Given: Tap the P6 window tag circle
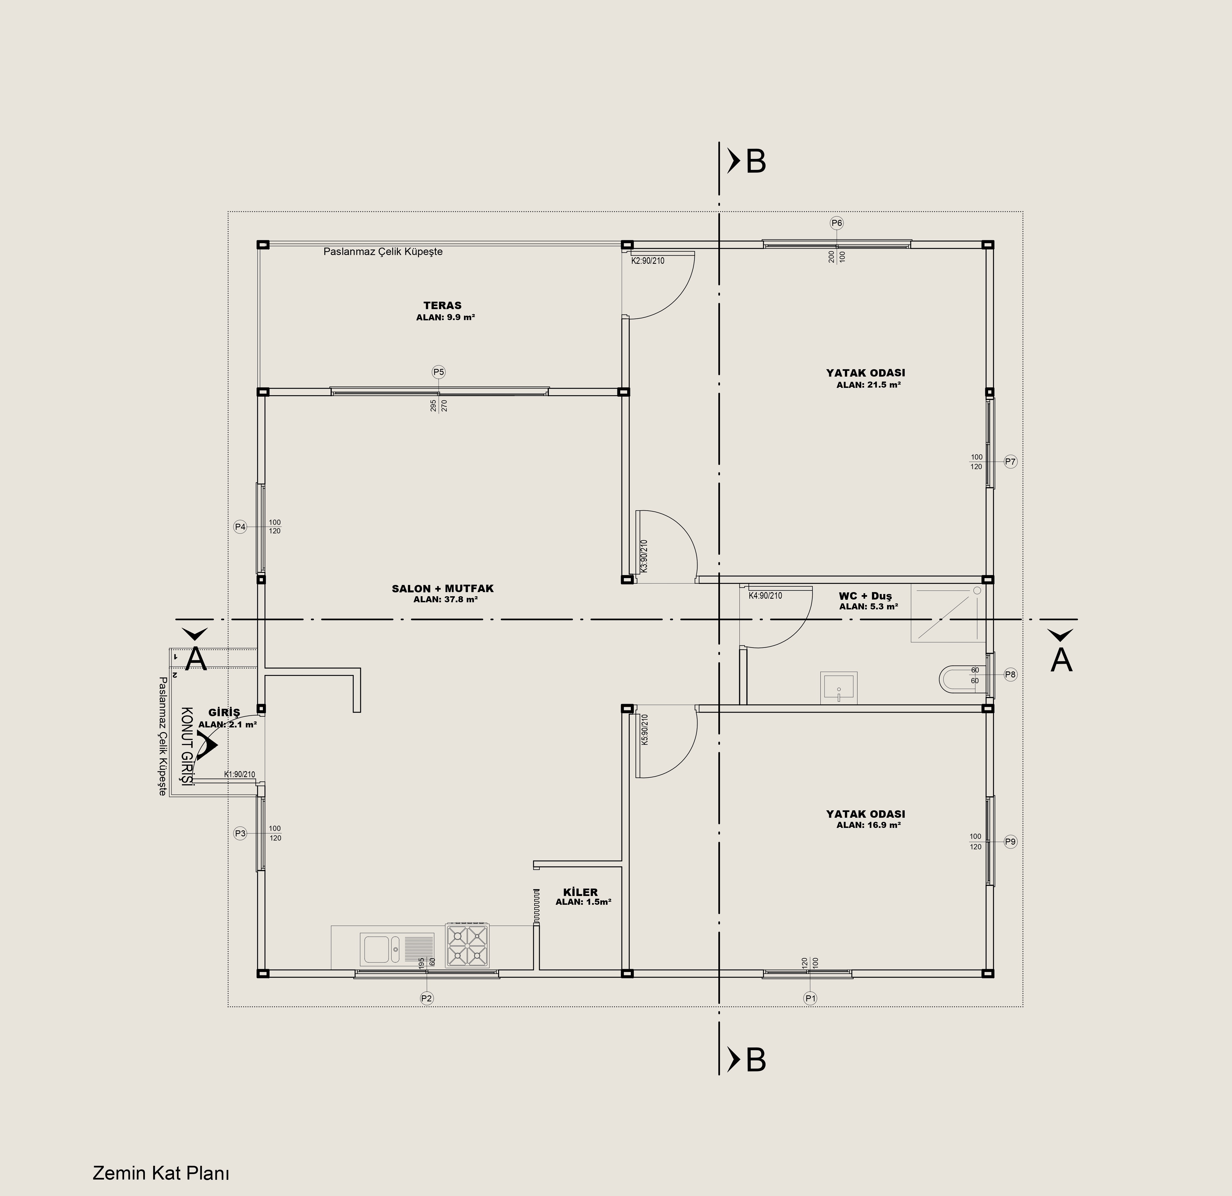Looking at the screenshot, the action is coord(837,223).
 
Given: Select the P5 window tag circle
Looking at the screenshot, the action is coord(439,372).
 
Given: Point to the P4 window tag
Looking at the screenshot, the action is coord(240,527).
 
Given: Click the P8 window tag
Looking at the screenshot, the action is coord(1010,675).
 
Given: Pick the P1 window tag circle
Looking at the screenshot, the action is coord(810,998).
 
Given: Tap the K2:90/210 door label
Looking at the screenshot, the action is coord(648,260).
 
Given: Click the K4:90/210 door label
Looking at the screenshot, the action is coord(766,595).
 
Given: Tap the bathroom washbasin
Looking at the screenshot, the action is coord(839,687).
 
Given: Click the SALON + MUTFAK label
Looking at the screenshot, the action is coord(443,589).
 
